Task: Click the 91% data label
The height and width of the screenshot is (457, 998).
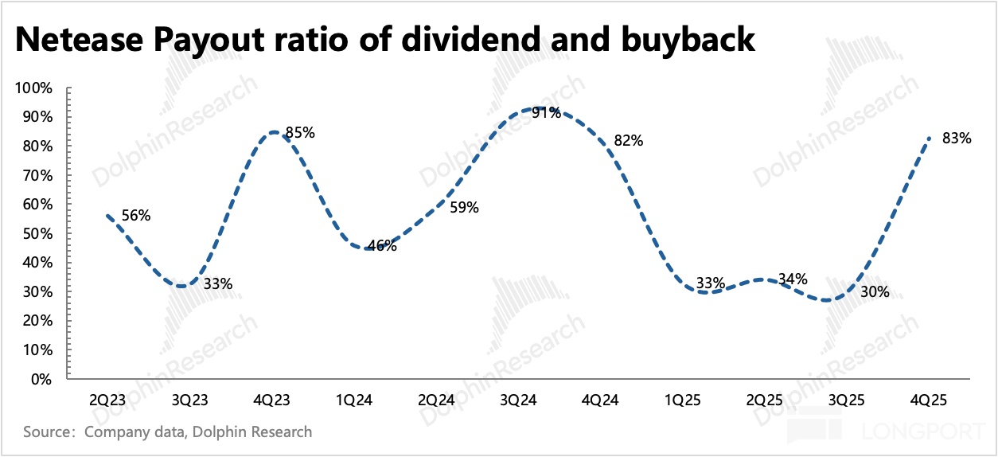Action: (546, 113)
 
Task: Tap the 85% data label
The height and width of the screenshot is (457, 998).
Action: (300, 133)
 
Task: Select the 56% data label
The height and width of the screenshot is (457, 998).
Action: (136, 215)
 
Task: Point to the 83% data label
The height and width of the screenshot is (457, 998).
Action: (956, 138)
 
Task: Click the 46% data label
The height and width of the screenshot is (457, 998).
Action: (382, 246)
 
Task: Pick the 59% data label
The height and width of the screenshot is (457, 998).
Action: (464, 208)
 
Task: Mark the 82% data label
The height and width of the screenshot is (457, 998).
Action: (628, 141)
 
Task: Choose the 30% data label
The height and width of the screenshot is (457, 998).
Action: (874, 292)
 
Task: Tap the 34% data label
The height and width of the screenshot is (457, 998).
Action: (792, 279)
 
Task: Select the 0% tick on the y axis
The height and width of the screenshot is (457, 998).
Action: (42, 379)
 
